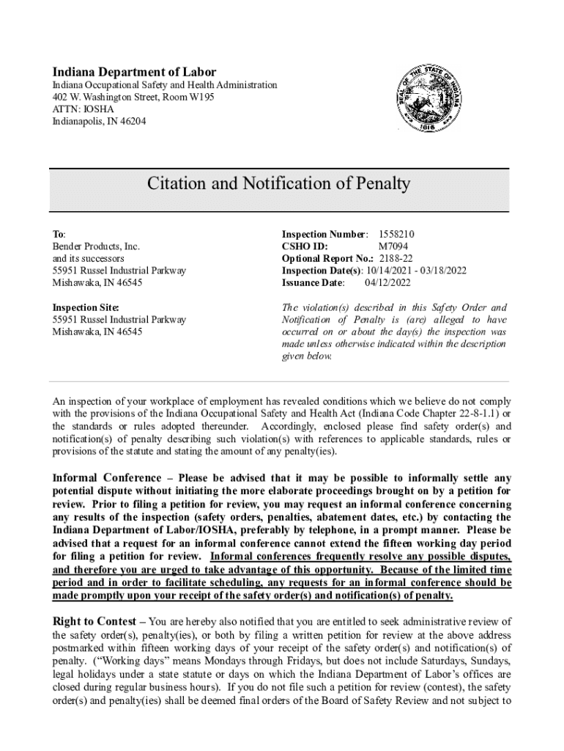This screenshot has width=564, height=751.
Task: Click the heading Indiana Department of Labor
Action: click(134, 72)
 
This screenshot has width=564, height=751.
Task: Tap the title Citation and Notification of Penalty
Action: click(278, 183)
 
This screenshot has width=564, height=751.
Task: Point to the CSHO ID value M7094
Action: click(394, 246)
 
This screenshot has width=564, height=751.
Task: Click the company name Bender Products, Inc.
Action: click(95, 246)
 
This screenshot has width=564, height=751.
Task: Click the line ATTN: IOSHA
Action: click(83, 109)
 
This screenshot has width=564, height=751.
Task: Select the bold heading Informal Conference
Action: click(111, 477)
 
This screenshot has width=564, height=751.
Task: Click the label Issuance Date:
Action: click(313, 282)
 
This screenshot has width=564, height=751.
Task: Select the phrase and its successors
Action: click(88, 258)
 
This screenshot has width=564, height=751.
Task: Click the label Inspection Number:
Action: click(325, 234)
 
